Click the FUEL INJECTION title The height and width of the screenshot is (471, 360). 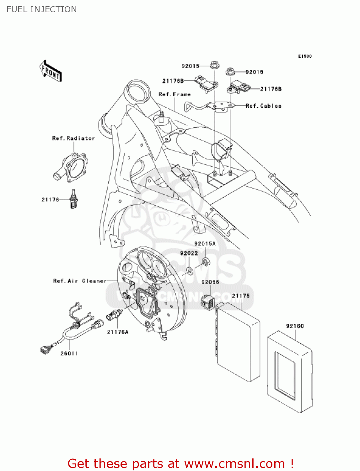point(41,9)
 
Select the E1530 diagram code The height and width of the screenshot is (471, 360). point(305,56)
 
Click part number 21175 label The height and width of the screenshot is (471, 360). point(241,296)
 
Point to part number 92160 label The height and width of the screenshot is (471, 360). point(295,326)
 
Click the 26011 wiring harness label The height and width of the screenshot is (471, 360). point(69,354)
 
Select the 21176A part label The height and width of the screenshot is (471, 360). point(118,332)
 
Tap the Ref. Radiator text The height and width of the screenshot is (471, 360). point(73,138)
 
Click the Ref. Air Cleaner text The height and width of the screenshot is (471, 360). point(80,281)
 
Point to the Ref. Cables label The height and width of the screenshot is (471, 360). point(264,106)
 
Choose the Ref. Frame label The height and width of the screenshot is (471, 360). point(175,94)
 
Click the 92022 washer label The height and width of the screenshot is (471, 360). point(189,253)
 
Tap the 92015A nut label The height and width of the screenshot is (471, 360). point(205,244)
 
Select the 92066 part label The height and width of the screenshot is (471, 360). point(210,282)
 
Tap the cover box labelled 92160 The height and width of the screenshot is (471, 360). point(289,372)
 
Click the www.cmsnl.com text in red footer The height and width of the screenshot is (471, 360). point(234,464)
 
